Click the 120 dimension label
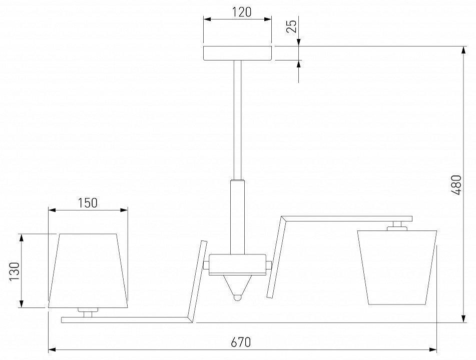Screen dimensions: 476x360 (x=242, y=12)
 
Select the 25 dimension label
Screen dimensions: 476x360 (x=291, y=26)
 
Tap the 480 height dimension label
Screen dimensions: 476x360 (x=456, y=184)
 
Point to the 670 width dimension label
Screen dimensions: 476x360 (x=241, y=342)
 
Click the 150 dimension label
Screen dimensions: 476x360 (x=88, y=203)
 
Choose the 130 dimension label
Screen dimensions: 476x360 (x=15, y=271)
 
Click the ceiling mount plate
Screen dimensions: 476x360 (x=238, y=53)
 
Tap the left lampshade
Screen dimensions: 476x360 (x=88, y=271)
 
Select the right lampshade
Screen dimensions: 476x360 (x=397, y=267)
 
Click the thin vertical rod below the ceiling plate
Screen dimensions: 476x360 (x=237, y=120)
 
